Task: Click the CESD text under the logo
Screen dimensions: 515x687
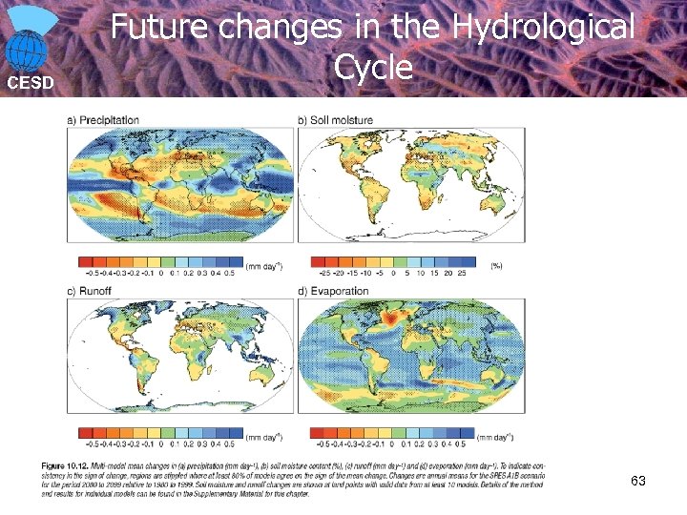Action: pos(31,82)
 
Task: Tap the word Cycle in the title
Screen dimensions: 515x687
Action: pos(373,67)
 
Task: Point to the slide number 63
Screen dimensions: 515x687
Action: pos(637,482)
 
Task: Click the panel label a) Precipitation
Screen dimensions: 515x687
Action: pos(103,120)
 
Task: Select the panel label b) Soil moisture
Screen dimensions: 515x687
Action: pos(335,120)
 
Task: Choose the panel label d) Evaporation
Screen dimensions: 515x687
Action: pos(333,291)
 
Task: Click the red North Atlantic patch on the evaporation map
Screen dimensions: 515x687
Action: pos(393,315)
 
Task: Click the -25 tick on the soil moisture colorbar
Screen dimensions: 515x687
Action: pos(319,273)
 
